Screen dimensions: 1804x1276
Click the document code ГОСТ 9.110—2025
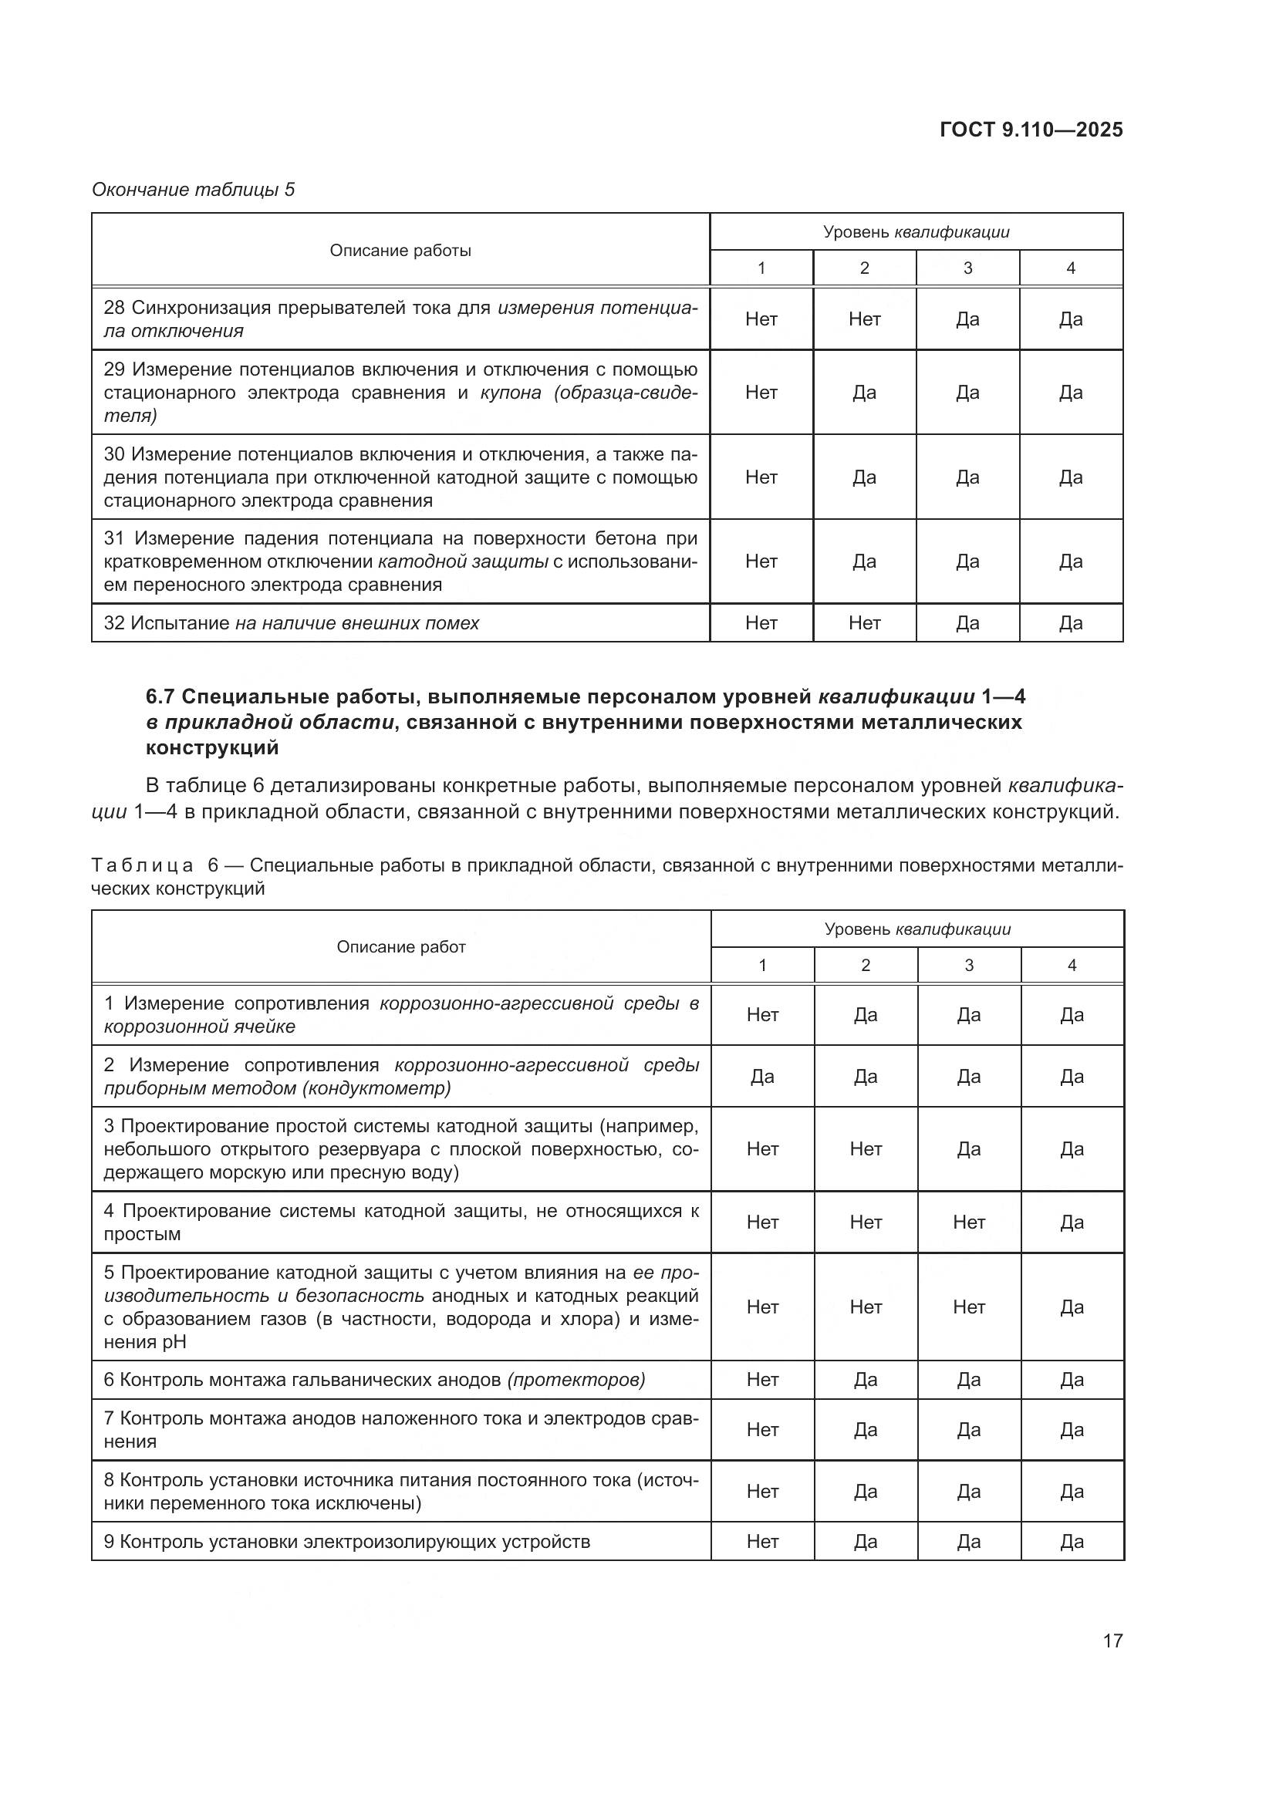pos(1031,130)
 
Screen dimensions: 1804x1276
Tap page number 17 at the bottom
pos(1112,1640)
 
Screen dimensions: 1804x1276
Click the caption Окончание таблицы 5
pos(194,190)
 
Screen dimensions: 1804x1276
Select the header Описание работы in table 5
pos(400,251)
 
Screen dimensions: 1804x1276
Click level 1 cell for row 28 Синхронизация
pos(761,319)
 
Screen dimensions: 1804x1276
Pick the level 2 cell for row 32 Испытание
pos(864,623)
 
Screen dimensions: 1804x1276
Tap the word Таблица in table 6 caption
pos(142,866)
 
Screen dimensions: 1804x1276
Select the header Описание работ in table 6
pos(400,947)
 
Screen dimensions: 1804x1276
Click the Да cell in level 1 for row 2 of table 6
pos(762,1077)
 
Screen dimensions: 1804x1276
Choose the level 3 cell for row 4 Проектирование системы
pos(968,1222)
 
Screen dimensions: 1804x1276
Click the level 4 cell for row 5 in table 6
pos(1072,1307)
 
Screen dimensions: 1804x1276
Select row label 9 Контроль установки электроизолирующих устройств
pos(346,1542)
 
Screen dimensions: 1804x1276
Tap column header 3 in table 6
pos(968,966)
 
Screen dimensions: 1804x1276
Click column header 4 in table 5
pos(1071,268)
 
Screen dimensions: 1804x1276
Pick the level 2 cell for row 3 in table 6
pos(865,1148)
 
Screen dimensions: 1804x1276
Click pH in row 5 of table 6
pos(174,1342)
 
